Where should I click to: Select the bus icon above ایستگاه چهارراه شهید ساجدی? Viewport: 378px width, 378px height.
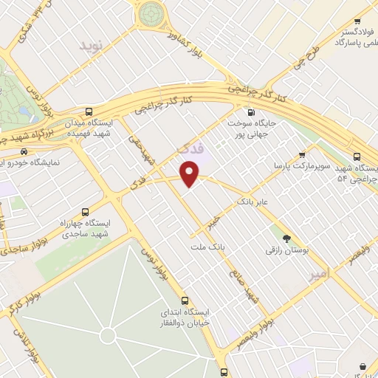[x=84, y=210]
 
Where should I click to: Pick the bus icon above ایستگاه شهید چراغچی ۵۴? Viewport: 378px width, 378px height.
[x=357, y=157]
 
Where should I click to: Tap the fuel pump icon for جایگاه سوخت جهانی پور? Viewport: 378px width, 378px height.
[x=251, y=113]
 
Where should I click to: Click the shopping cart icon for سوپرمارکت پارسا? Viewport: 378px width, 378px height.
[x=301, y=155]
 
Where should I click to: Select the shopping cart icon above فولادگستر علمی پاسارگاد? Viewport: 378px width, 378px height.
[x=357, y=22]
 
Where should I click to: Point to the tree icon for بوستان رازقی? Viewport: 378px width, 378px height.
[x=287, y=238]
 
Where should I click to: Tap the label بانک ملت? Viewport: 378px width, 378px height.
[x=207, y=248]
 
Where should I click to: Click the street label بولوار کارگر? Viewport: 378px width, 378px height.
[x=24, y=298]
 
